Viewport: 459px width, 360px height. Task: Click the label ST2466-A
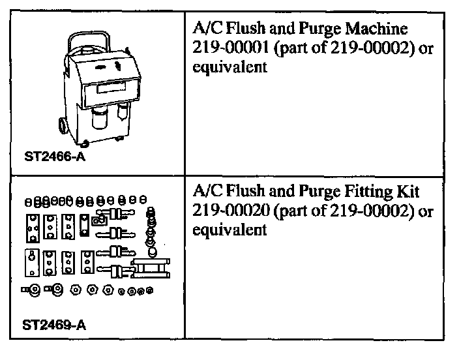click(50, 157)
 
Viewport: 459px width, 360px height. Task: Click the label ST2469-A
click(50, 324)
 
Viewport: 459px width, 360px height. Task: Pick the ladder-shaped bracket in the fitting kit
click(151, 268)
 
